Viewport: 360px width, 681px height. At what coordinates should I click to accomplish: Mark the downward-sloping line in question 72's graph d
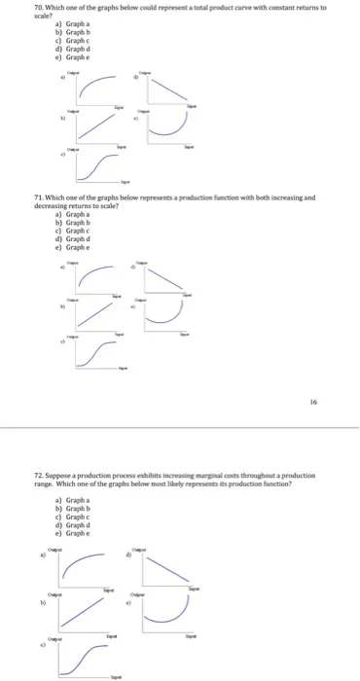click(162, 572)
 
